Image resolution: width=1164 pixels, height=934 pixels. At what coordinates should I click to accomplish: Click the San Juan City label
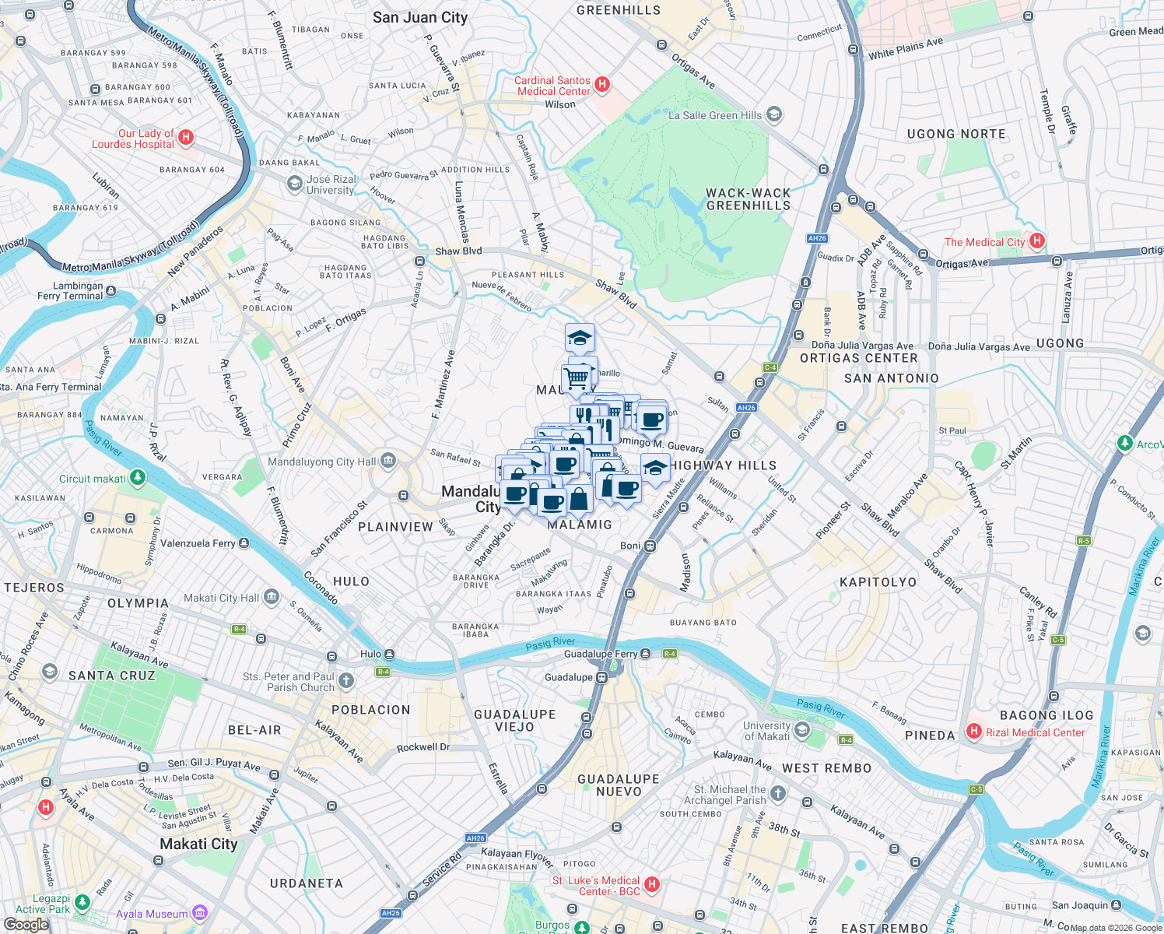[x=420, y=17]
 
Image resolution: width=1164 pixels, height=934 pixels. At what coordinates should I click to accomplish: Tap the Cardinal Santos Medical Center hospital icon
[x=601, y=84]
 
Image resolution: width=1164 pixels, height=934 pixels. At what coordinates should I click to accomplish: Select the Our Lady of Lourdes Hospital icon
[x=185, y=138]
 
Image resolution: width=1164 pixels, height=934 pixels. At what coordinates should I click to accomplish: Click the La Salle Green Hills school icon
[x=773, y=115]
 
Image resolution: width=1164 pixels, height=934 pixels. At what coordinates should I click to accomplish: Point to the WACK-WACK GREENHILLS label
[x=748, y=199]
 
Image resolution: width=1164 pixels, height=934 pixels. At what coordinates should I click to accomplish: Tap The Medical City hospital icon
[x=1036, y=241]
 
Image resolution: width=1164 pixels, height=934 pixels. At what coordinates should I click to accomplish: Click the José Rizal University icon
[x=294, y=184]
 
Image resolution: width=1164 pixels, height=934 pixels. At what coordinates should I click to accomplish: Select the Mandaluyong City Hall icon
[x=388, y=462]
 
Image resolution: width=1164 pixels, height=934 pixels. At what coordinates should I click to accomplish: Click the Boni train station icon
[x=650, y=546]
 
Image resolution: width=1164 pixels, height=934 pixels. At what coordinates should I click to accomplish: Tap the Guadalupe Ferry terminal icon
[x=645, y=654]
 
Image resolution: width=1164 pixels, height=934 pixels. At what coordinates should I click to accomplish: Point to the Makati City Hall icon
[x=271, y=598]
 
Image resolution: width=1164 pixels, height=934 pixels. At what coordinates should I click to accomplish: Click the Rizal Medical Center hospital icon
[x=973, y=732]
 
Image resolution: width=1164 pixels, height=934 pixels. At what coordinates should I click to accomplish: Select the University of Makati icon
[x=802, y=731]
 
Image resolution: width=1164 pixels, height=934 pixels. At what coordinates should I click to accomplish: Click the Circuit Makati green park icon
[x=138, y=477]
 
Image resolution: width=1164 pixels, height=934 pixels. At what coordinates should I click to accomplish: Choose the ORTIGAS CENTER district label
[x=859, y=358]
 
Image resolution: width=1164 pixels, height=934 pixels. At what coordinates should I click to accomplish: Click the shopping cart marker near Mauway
[x=576, y=378]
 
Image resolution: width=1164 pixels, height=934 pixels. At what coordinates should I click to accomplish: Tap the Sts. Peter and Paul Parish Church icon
[x=345, y=682]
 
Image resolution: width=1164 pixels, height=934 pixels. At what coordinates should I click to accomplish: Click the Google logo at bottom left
[x=26, y=924]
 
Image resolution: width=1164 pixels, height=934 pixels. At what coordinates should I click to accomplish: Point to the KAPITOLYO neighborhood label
[x=878, y=582]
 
